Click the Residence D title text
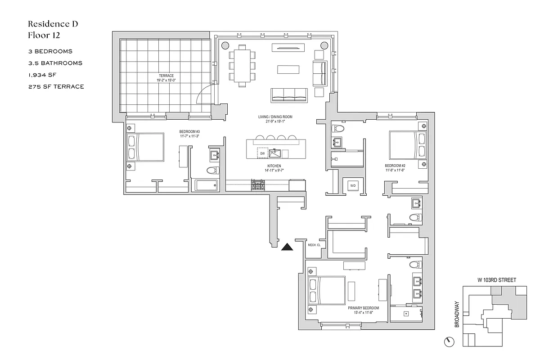[53, 24]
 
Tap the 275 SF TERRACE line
[56, 86]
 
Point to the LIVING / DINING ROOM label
[275, 117]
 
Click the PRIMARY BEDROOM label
[363, 308]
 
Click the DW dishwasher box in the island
[262, 153]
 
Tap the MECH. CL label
[314, 245]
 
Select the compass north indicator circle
[449, 342]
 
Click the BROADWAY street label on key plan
[457, 314]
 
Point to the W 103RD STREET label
[496, 280]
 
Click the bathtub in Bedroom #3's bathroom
[206, 185]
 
